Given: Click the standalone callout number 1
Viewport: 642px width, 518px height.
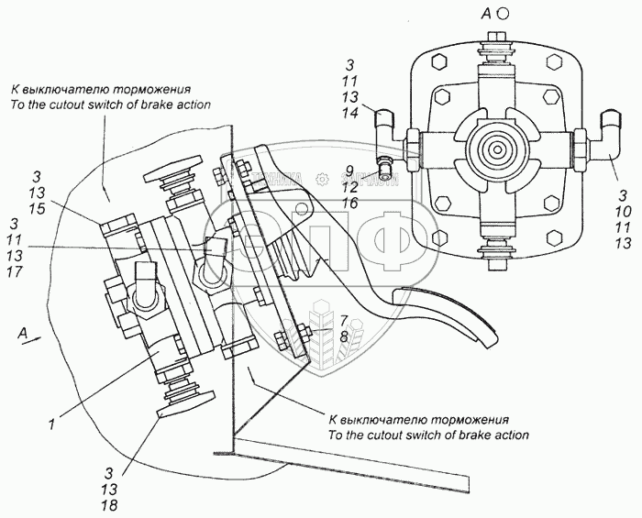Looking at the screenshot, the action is pos(51,424).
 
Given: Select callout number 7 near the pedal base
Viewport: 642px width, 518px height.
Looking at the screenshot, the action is pos(344,320).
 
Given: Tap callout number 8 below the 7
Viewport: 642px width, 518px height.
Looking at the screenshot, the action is pos(344,336).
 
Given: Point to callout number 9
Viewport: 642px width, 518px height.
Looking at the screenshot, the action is pos(349,170).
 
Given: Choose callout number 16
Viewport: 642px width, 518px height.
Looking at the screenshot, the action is pos(350,203).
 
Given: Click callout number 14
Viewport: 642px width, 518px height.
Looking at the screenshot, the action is pos(350,113).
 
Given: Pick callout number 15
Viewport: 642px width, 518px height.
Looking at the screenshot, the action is pos(37,209).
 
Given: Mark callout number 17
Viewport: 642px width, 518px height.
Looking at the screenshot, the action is pos(15,271).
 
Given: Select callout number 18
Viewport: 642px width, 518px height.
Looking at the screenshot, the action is pos(110,505).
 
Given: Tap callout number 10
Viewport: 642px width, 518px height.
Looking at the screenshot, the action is pos(623,212).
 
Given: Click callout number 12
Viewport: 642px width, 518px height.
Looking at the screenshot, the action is pos(350,187).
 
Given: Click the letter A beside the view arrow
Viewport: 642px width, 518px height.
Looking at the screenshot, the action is pos(23,334).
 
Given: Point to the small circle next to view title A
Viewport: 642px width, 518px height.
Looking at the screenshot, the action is pos(504,14).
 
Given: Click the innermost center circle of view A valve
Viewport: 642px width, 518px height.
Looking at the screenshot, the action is pos(497,149).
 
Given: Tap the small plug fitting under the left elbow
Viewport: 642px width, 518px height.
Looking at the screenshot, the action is pos(383,168).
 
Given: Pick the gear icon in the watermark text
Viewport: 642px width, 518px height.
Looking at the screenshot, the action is pos(323,179).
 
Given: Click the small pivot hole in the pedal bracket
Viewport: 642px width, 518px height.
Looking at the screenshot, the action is pos(303,208).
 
